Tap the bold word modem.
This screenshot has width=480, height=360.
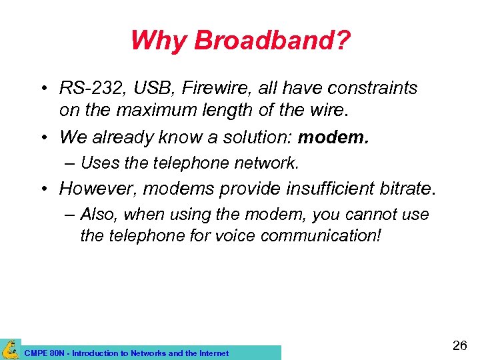pyautogui.click(x=333, y=137)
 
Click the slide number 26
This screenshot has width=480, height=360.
pyautogui.click(x=459, y=345)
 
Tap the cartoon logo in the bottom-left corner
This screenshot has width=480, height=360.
pyautogui.click(x=10, y=349)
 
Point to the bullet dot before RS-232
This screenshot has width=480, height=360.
pyautogui.click(x=43, y=89)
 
